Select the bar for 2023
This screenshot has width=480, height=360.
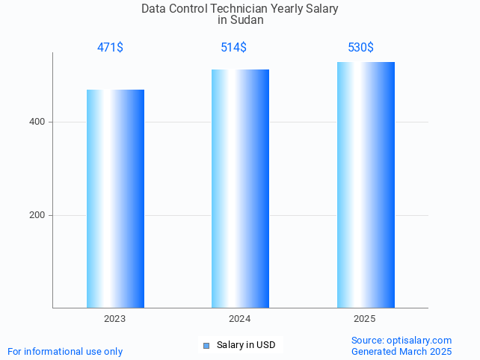115,199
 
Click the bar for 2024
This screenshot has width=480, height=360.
240,188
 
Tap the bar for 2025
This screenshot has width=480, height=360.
366,184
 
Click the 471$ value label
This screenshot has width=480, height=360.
110,48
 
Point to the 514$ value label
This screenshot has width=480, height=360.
233,48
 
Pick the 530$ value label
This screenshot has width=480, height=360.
360,48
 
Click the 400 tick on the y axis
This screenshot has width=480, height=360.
37,122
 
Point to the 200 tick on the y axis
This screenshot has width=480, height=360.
37,215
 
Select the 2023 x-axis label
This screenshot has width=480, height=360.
115,319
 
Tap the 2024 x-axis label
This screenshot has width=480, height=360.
240,319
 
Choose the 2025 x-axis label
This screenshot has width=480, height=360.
365,319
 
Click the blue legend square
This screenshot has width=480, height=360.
206,345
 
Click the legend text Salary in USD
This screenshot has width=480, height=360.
246,345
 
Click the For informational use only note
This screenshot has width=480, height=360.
65,351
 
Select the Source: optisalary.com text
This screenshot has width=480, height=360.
401,341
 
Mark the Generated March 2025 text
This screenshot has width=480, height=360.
401,351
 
